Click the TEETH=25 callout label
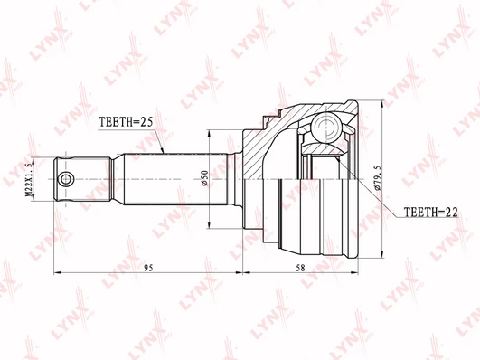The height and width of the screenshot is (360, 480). click(126, 122)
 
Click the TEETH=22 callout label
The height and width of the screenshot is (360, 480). click(431, 212)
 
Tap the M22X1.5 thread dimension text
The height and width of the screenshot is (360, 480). click(28, 179)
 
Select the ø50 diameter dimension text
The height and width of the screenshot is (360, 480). click(204, 178)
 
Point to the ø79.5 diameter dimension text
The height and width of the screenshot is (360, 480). click(377, 178)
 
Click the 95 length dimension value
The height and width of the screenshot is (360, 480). click(148, 268)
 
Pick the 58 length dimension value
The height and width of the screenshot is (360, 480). click(301, 268)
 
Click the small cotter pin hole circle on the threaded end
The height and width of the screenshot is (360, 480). click(66, 179)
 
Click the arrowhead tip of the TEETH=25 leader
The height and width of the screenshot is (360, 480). click(164, 153)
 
